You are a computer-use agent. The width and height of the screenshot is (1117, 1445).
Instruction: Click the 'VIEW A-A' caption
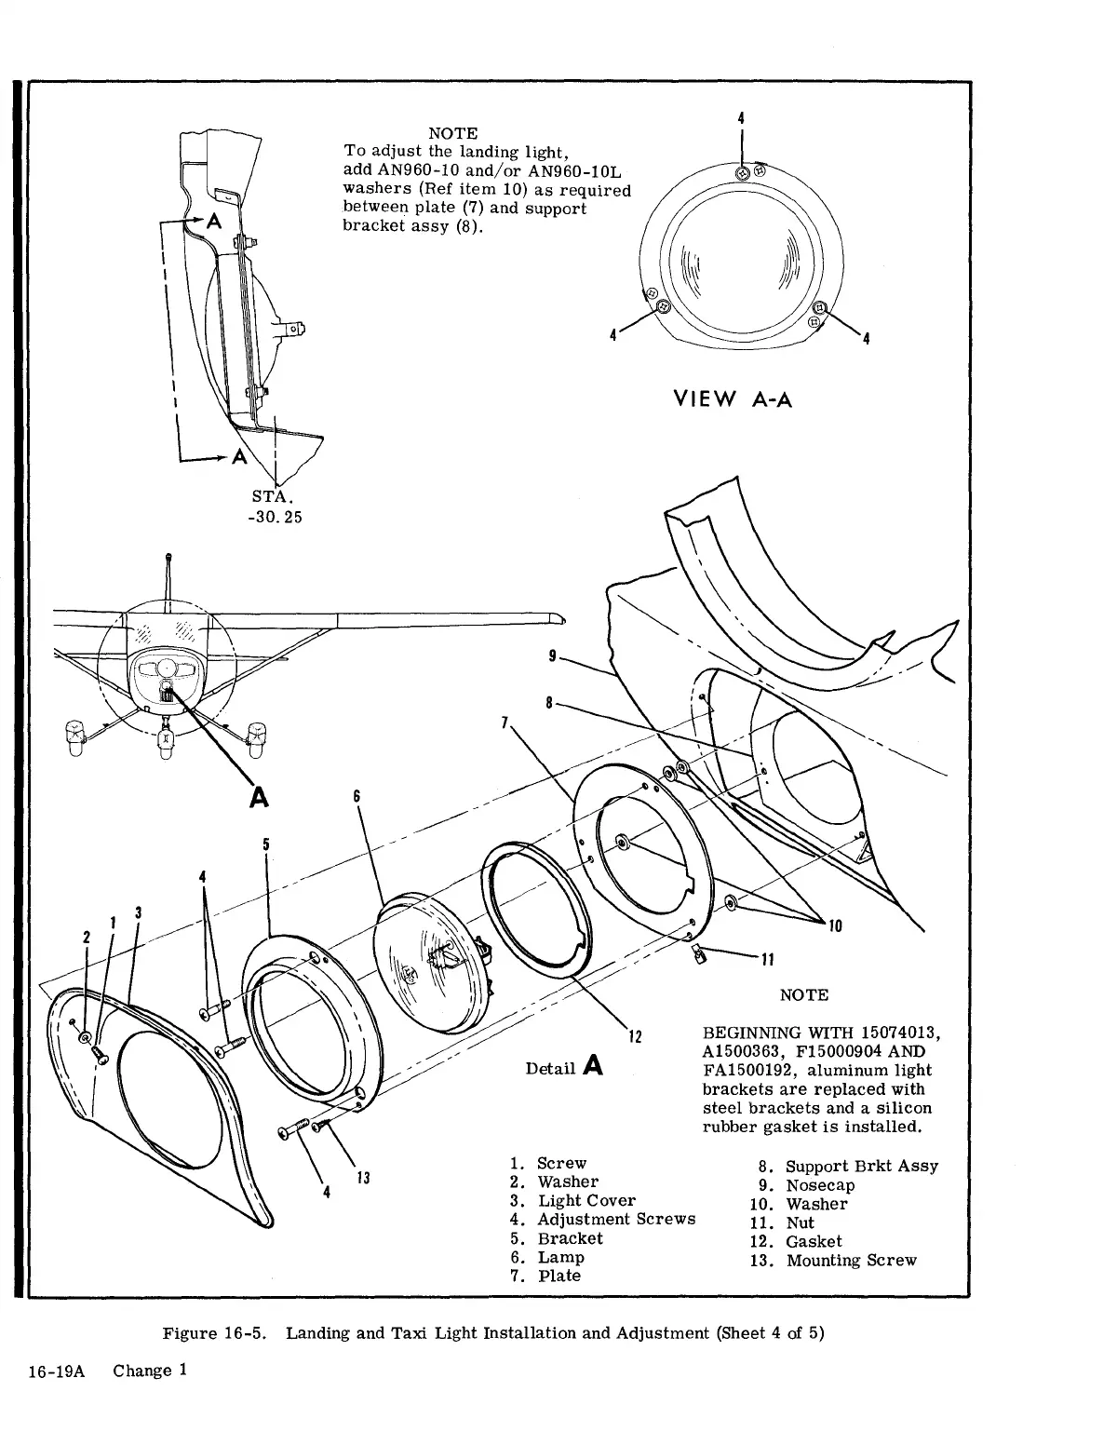(733, 400)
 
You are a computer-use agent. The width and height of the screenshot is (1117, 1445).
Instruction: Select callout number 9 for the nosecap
(553, 656)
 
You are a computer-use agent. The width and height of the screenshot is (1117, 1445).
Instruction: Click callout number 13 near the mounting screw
(364, 1179)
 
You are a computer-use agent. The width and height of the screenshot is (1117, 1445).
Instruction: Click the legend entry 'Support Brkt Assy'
(862, 1166)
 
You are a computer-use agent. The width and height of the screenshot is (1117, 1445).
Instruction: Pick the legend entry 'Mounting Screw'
(851, 1261)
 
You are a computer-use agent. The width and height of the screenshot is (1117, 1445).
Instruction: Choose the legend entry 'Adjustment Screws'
(616, 1220)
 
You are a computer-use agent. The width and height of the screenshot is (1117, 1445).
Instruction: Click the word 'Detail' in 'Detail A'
(551, 1069)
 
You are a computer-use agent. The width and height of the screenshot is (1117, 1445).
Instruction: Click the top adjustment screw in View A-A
(743, 173)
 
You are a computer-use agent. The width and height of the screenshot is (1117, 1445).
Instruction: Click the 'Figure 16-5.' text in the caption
(217, 1332)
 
